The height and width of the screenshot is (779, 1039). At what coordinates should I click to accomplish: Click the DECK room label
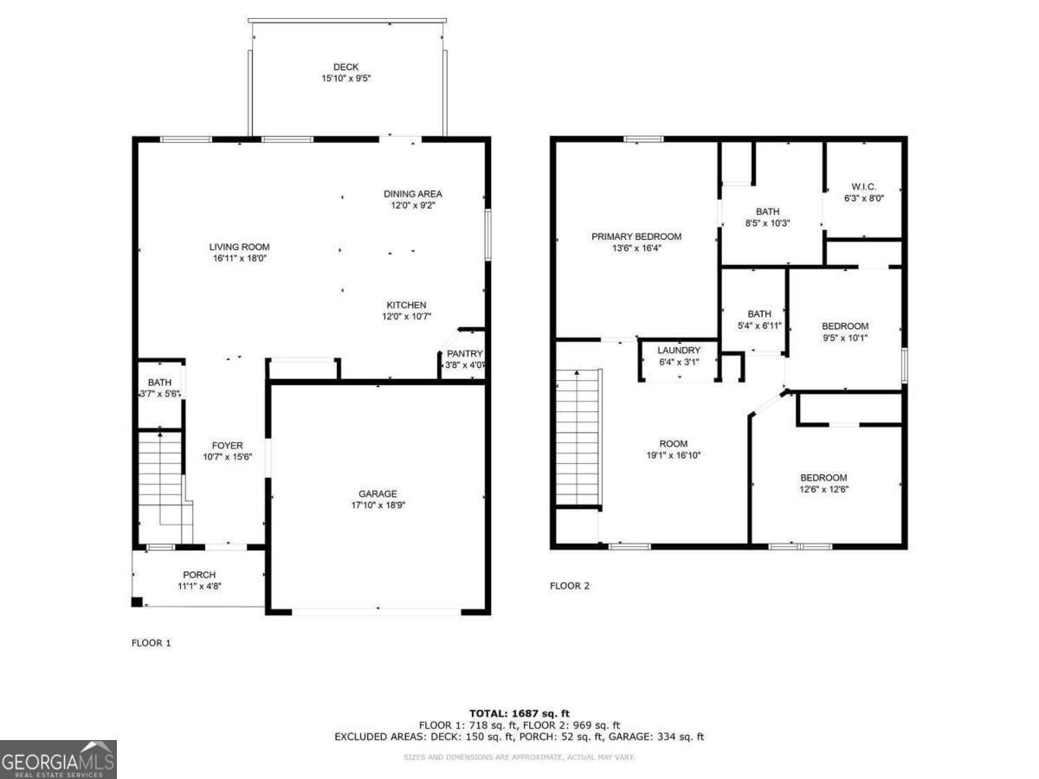(345, 68)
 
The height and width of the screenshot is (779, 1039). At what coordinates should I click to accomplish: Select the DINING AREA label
(413, 194)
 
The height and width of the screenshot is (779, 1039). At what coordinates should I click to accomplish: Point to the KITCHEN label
(406, 305)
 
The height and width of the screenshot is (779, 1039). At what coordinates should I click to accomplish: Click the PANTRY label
(464, 354)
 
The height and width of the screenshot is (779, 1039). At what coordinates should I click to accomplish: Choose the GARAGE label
(378, 494)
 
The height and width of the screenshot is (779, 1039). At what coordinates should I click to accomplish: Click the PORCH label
(199, 575)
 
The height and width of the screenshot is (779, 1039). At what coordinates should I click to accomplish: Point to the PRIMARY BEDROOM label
(636, 236)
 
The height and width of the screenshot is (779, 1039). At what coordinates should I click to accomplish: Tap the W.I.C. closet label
(863, 186)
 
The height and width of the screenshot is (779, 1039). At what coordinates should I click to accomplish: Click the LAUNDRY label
(679, 351)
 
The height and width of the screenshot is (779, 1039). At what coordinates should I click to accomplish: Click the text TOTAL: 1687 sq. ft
(519, 713)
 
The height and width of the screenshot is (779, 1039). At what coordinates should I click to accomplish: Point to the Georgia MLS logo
(58, 759)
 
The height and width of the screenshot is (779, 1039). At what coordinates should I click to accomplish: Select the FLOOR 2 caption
(570, 586)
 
